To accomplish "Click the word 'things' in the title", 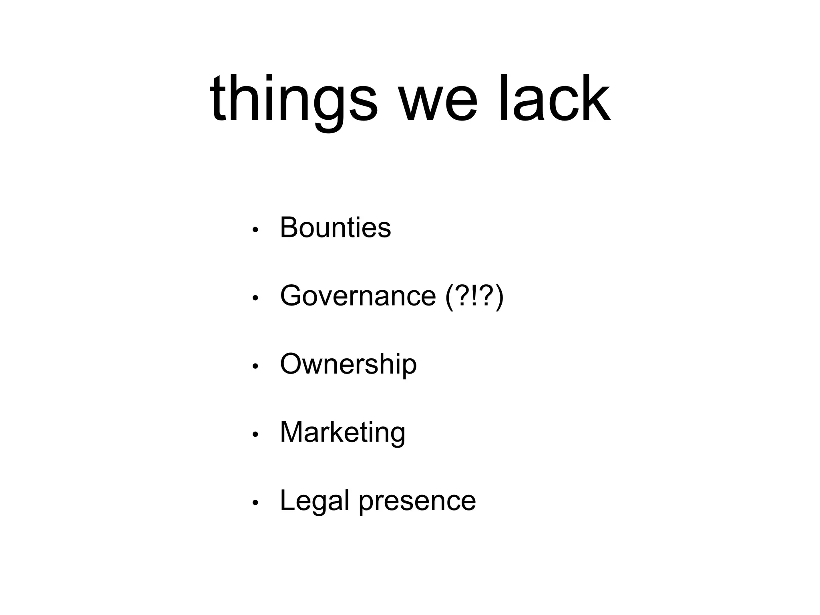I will coord(293,100).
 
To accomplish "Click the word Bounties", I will coord(335,227).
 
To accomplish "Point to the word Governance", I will coord(358,296).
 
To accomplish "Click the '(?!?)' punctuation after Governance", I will coord(474,297).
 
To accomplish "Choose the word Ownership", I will coord(348,364).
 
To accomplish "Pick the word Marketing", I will coord(343,433).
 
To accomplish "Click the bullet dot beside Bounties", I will coord(255,230).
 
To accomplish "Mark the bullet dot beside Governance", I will coord(255,298).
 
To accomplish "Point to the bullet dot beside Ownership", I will coord(255,366).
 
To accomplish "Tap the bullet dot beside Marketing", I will coord(255,435).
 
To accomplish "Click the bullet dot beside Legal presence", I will coord(255,503).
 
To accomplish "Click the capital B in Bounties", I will coord(289,227).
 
